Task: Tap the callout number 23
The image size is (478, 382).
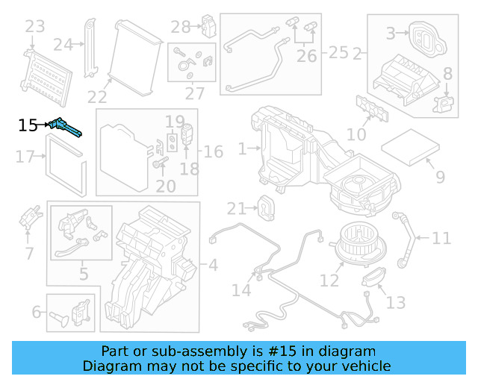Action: [x=34, y=28]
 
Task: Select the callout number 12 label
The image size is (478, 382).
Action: [x=329, y=281]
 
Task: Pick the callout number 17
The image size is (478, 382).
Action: [x=25, y=157]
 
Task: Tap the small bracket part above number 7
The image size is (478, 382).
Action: [x=31, y=217]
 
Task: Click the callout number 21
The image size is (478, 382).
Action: [x=236, y=207]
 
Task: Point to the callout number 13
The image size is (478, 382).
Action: [x=396, y=302]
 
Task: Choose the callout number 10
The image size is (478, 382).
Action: [x=357, y=134]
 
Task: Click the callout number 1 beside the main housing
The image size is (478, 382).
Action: [x=241, y=149]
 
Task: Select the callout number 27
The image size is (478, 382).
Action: [x=195, y=94]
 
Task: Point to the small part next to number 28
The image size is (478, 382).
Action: [x=208, y=28]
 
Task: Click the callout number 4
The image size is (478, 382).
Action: [x=213, y=264]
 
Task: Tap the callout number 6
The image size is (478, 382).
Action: [x=36, y=312]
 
